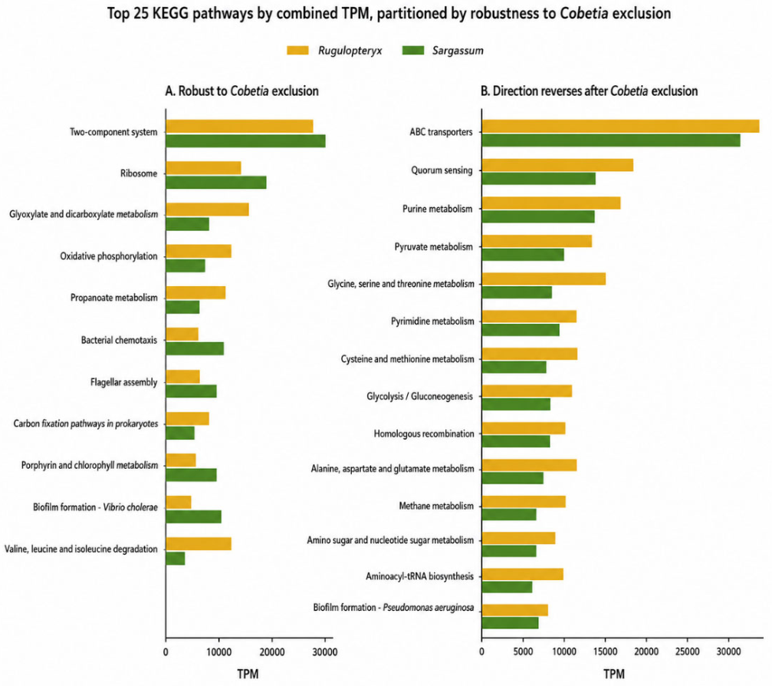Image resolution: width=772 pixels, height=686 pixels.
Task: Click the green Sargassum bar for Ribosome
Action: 216,183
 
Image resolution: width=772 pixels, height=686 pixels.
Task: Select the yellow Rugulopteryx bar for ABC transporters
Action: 620,126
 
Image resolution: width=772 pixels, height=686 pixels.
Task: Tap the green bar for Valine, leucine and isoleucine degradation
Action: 176,559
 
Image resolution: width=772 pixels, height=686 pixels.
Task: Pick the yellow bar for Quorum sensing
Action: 557,165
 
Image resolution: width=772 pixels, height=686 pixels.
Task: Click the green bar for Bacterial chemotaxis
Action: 195,348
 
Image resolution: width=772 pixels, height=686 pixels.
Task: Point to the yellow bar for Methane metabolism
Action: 524,502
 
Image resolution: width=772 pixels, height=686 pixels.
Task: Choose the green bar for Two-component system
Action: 245,141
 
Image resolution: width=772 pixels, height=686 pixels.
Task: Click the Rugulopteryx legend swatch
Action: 298,51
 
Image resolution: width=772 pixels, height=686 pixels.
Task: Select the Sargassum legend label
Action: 458,51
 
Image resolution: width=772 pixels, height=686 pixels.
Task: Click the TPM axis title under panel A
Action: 248,674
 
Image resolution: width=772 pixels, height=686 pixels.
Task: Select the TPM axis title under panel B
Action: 614,674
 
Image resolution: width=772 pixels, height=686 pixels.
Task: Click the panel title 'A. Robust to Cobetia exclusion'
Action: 241,91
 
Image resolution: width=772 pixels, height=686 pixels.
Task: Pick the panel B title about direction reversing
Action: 589,91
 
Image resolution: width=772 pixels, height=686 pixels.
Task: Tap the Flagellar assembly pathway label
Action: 123,382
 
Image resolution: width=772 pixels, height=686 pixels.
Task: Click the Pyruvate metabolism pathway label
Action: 433,247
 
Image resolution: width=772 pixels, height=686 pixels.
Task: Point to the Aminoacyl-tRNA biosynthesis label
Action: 419,576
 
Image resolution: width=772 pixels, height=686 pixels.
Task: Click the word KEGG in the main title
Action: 170,13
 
